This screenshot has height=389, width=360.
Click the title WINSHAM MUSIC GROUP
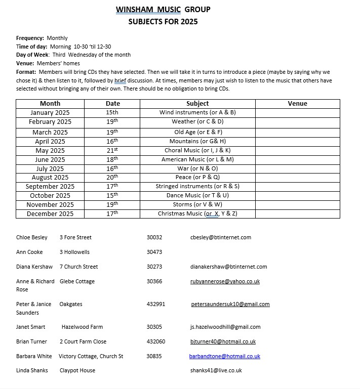click(163, 9)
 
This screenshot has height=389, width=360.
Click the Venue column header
click(297, 104)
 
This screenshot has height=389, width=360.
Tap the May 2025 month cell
click(50, 151)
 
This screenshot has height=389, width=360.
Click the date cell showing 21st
click(112, 151)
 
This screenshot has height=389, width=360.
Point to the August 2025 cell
click(50, 178)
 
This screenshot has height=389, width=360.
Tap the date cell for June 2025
click(112, 159)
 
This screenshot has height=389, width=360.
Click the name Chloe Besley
click(32, 237)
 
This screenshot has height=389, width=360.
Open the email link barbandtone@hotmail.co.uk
click(224, 356)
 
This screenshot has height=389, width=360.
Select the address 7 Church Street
click(78, 267)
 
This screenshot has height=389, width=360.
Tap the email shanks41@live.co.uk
click(216, 370)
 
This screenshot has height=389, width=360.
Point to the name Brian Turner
click(32, 341)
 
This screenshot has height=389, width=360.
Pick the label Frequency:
click(30, 38)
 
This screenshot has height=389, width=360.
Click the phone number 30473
click(154, 252)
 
